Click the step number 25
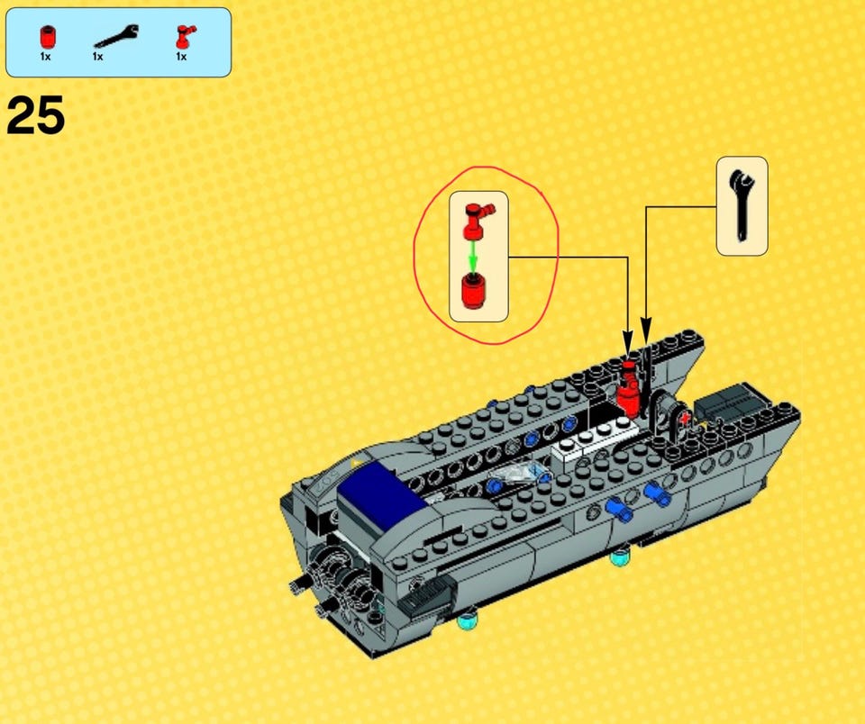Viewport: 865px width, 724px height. pyautogui.click(x=35, y=114)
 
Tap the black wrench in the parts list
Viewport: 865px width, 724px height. pyautogui.click(x=116, y=36)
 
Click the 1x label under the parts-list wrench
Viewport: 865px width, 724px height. pyautogui.click(x=97, y=56)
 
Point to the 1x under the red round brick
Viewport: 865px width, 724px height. pyautogui.click(x=45, y=56)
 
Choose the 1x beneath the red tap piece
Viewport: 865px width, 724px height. pyautogui.click(x=181, y=56)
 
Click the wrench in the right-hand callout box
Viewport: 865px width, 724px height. pyautogui.click(x=741, y=205)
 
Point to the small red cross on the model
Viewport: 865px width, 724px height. pyautogui.click(x=685, y=420)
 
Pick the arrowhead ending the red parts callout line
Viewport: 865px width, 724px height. pyautogui.click(x=627, y=340)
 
